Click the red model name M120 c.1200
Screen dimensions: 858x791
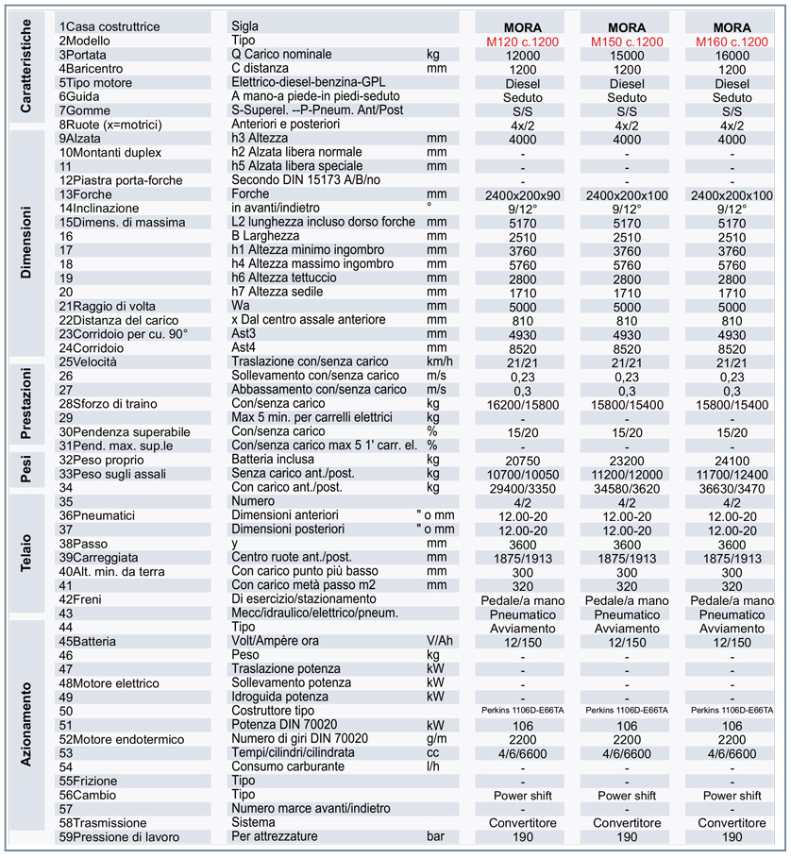(522, 42)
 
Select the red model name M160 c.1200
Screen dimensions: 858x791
(732, 42)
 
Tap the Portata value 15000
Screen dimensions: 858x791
(627, 56)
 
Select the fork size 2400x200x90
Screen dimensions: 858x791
(522, 194)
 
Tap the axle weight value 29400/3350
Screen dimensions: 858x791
(522, 488)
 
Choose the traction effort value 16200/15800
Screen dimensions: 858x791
(522, 404)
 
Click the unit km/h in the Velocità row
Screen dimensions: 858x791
(440, 362)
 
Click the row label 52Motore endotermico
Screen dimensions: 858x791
(121, 739)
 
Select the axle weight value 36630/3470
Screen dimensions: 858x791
(732, 488)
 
